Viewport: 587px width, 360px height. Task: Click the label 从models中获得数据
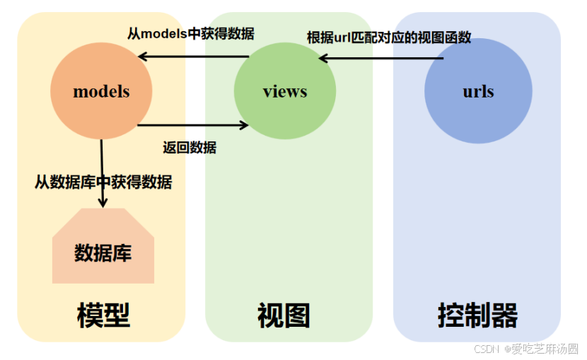pos(191,33)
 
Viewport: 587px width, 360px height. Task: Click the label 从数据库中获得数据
pos(103,182)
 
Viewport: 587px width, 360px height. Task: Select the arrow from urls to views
pos(382,58)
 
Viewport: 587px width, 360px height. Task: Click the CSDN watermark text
pos(486,349)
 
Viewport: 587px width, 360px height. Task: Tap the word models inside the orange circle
pos(101,91)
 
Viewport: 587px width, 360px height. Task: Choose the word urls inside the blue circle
pos(478,91)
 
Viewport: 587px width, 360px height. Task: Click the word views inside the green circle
pos(284,91)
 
